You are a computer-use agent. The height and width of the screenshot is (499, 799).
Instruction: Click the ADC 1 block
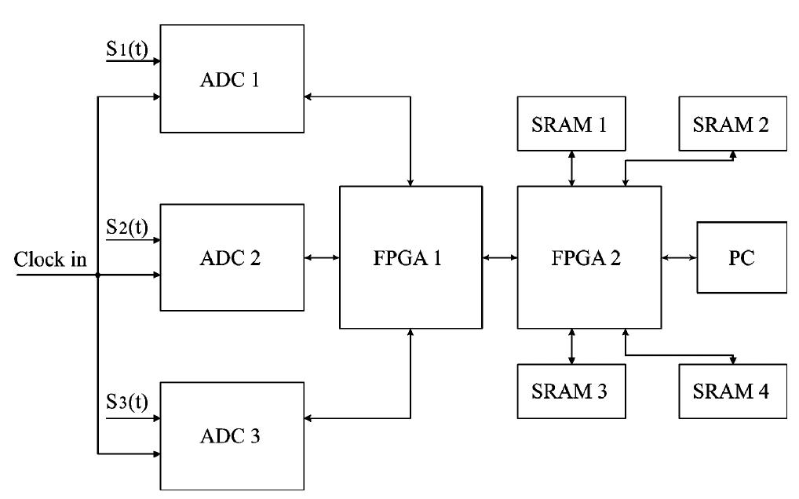click(232, 78)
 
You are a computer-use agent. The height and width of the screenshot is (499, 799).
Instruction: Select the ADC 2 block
click(232, 257)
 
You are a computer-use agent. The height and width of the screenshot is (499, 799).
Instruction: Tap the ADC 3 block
click(232, 435)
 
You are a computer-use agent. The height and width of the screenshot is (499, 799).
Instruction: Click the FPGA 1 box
click(410, 257)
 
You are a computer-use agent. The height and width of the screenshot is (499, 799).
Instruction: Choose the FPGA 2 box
click(588, 257)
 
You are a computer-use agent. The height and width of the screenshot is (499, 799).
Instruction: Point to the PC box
click(742, 257)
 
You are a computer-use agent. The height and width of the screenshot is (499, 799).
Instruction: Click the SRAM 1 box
click(571, 122)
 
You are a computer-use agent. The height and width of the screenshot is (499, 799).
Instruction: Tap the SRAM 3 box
click(571, 391)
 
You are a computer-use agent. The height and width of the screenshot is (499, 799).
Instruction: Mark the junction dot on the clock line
click(97, 275)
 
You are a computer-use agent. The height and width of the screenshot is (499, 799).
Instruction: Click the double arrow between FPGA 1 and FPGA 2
click(499, 257)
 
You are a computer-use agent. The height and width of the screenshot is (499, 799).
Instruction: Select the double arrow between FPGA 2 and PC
click(679, 257)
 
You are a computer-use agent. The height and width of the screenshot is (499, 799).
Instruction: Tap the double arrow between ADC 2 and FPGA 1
click(321, 257)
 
